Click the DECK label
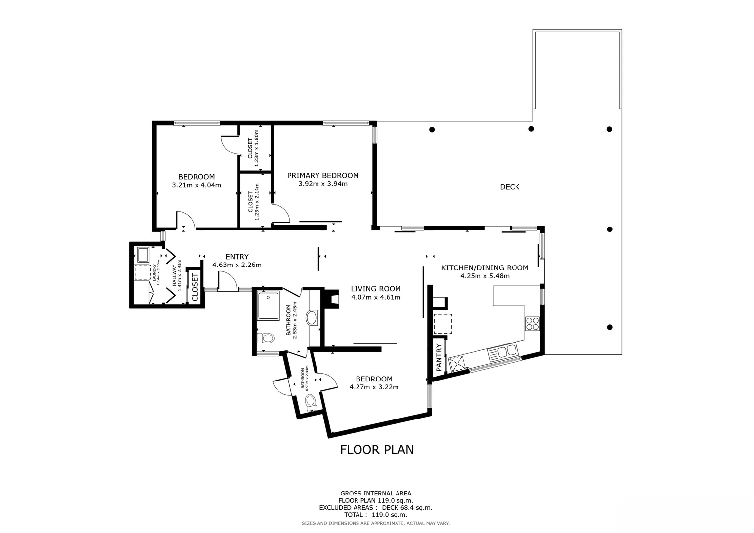click(510, 187)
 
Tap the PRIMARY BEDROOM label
click(323, 175)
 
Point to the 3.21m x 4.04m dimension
click(197, 185)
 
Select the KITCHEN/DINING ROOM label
click(484, 268)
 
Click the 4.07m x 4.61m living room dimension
click(375, 297)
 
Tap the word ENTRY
click(237, 257)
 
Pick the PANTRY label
click(439, 358)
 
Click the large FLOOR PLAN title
click(377, 449)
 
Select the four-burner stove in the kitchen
click(532, 323)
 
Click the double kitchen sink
click(502, 352)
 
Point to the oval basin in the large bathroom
click(312, 317)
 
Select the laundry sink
click(144, 255)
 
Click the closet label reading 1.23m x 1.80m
click(253, 149)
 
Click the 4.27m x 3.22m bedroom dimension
click(374, 387)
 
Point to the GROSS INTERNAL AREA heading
click(376, 493)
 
